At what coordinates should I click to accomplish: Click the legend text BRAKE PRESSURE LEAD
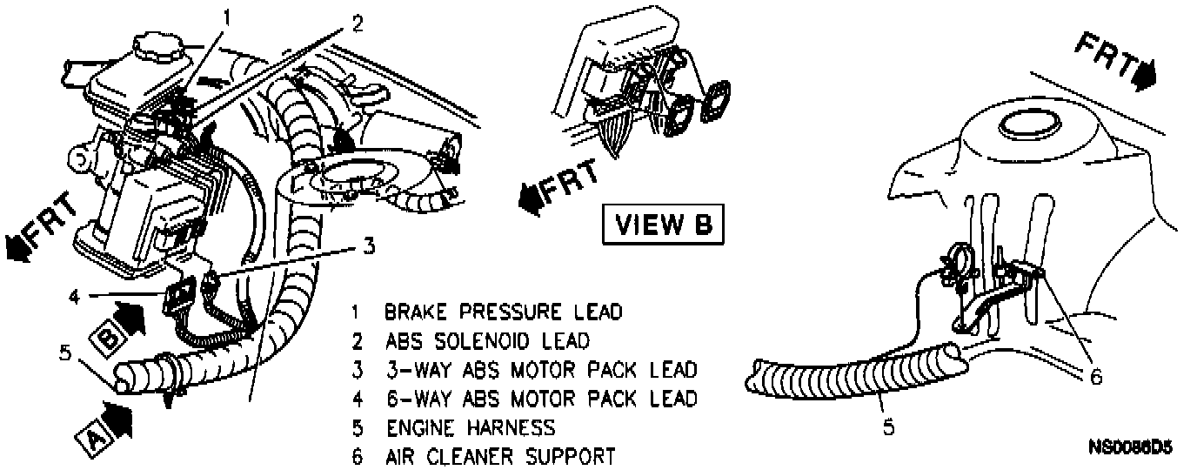pos(505,312)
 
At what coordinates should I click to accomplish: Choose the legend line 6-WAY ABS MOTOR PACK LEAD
pos(541,399)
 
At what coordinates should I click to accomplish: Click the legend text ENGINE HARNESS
pos(470,427)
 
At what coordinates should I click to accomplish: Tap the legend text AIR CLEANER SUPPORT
pos(500,456)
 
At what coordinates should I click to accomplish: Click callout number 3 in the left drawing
pos(369,246)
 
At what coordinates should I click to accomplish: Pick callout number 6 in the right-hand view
pos(1096,377)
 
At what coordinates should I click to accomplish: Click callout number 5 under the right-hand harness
pos(889,426)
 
